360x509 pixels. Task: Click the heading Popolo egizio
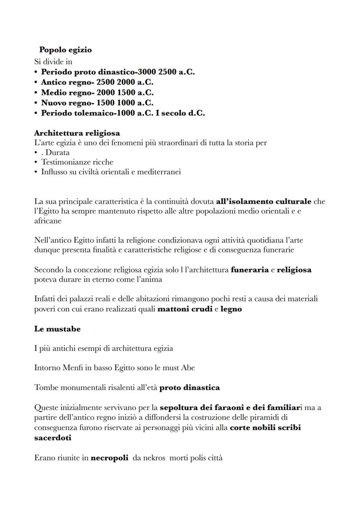[65, 50]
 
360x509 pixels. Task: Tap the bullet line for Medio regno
[97, 93]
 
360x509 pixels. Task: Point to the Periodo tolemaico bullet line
[123, 113]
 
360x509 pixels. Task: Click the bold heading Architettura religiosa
[77, 133]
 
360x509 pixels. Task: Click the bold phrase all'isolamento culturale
[263, 202]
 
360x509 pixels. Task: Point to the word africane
[48, 221]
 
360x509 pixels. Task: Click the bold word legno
[231, 309]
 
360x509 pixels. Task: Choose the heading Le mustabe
[57, 329]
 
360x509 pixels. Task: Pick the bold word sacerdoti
[53, 438]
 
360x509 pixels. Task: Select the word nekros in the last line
[152, 458]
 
